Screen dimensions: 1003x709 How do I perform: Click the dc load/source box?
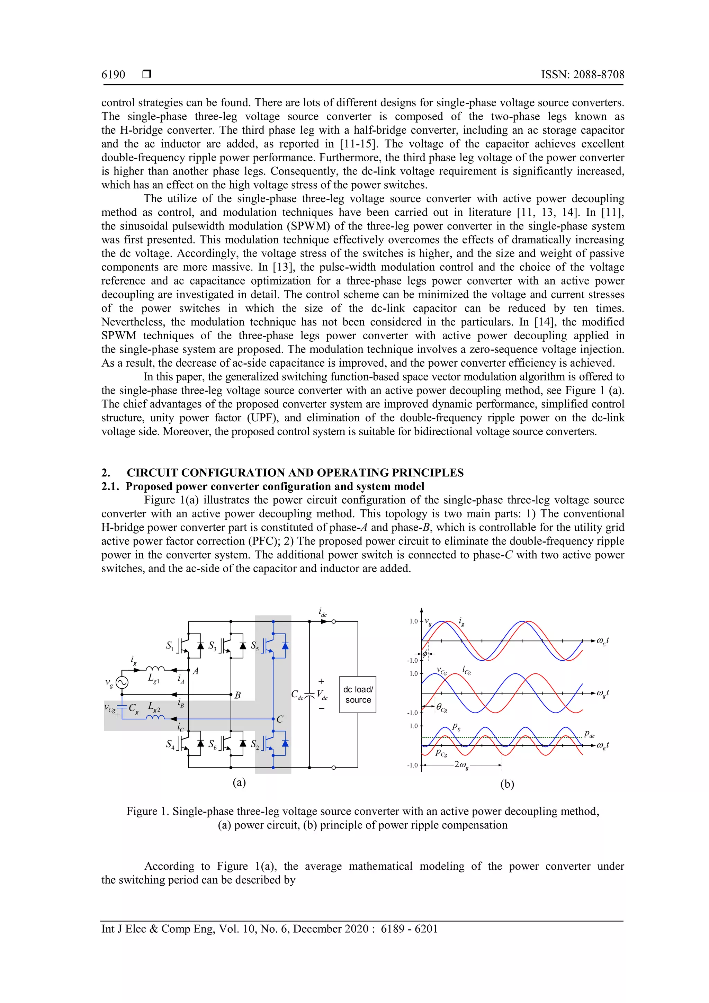(x=357, y=695)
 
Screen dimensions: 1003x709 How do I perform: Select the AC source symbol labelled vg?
(x=122, y=682)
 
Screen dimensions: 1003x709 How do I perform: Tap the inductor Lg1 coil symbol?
(x=155, y=669)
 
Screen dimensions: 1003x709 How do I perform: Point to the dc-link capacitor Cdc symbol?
(x=309, y=695)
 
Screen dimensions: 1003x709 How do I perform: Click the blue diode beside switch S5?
(x=285, y=646)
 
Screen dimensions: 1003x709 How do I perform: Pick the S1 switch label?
(x=170, y=646)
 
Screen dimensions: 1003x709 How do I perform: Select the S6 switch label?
(x=212, y=744)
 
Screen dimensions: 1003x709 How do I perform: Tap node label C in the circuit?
(x=280, y=719)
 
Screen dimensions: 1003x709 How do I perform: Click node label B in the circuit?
(x=237, y=695)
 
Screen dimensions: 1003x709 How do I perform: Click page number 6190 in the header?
(x=113, y=75)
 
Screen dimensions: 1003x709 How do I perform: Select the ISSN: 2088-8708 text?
(x=582, y=75)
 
